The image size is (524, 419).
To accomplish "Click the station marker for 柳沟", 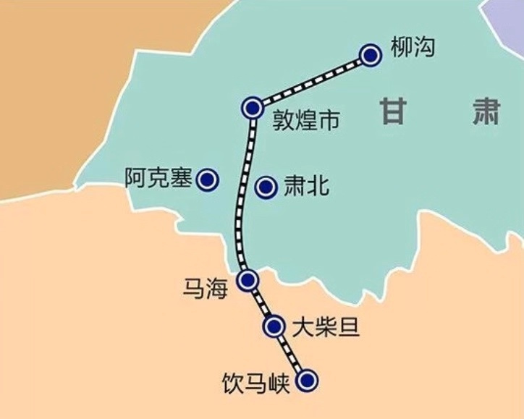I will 370,55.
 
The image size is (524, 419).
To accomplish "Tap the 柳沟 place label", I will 413,49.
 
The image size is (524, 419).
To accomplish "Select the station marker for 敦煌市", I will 252,108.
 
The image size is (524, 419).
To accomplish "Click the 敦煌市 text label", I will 306,120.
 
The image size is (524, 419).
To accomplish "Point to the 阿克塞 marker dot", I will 208,179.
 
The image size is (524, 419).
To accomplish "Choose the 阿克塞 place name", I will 157,178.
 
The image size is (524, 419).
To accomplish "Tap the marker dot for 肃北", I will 266,187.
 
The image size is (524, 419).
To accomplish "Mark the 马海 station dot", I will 248,279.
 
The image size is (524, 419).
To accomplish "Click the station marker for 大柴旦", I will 274,326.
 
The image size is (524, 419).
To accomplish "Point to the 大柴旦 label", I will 326,327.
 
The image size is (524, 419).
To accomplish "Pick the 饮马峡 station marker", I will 308,379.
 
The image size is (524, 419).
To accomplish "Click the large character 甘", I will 394,112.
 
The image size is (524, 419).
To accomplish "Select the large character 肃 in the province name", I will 481,111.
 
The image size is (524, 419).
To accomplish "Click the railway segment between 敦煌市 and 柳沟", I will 311,81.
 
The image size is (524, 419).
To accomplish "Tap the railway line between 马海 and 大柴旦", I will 261,303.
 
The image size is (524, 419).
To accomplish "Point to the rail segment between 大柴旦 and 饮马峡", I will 291,353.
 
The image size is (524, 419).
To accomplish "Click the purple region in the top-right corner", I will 509,18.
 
